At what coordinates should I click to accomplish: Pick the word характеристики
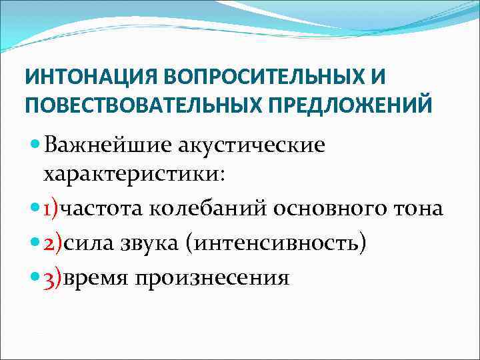(x=133, y=175)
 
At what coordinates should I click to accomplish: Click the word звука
(x=151, y=243)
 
